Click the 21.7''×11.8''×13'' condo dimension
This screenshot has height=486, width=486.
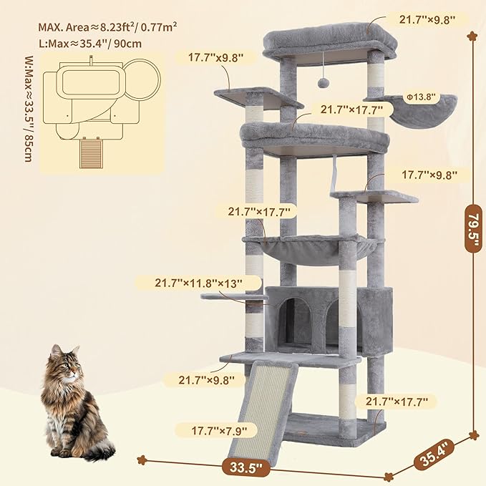pos(199,283)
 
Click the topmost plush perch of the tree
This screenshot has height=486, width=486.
pos(329,42)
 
